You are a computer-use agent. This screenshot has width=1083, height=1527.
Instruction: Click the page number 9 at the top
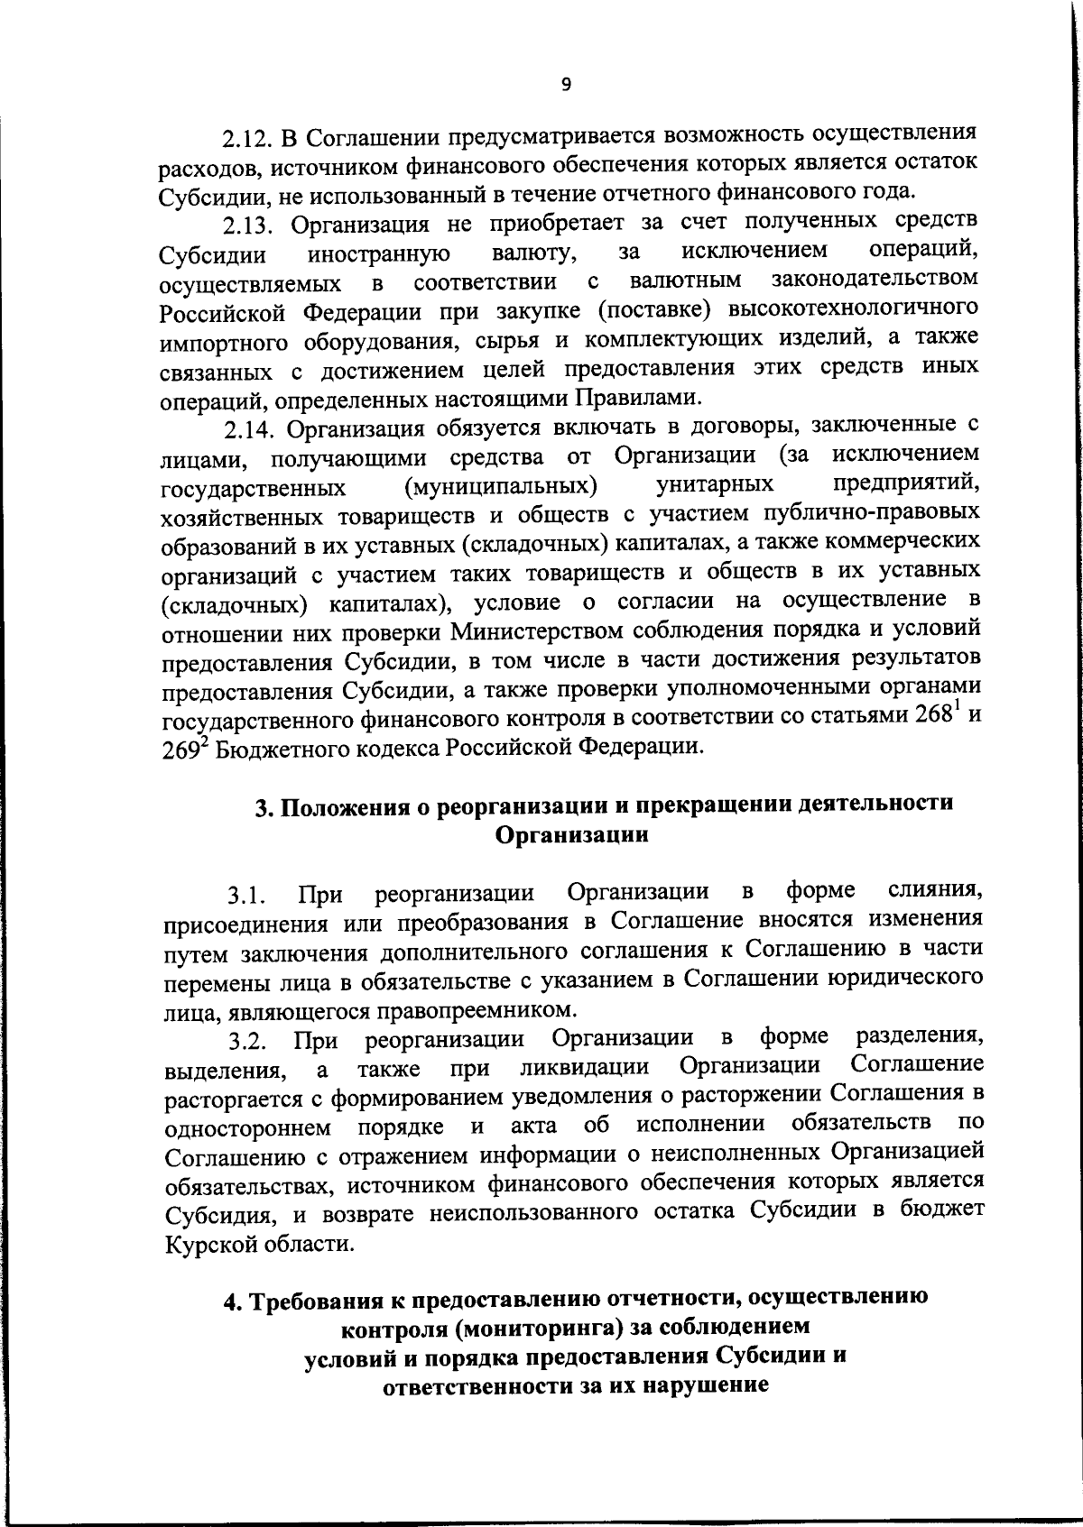(x=566, y=85)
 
